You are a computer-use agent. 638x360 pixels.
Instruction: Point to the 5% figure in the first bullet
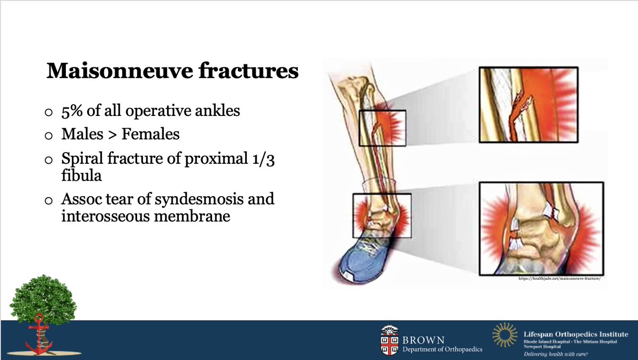coord(72,111)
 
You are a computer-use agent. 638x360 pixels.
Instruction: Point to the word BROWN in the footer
coord(423,340)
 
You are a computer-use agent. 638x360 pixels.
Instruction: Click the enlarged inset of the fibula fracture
coord(528,105)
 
